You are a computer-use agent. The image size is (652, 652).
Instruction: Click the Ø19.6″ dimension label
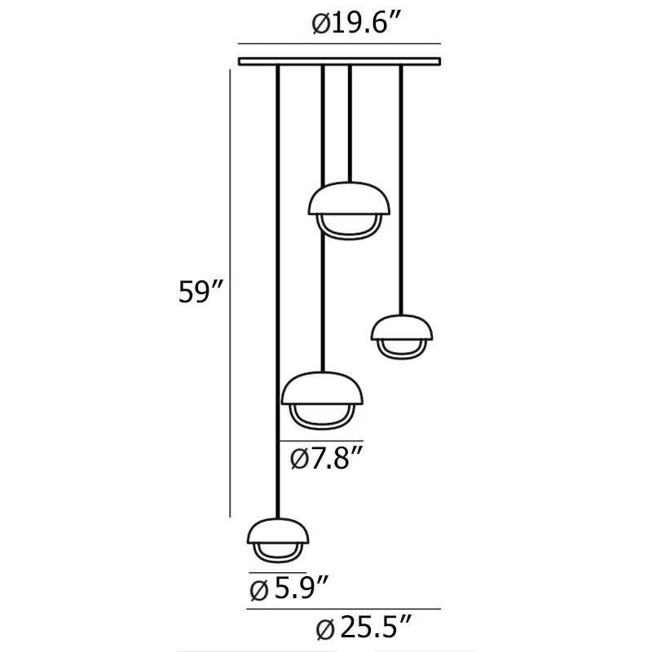click(356, 24)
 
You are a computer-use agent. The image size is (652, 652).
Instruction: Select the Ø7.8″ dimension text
click(327, 458)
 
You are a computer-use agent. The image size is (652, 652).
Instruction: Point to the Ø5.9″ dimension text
click(289, 588)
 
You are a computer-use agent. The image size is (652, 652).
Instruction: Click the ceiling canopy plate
click(339, 62)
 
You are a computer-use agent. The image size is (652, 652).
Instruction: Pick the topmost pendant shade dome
click(350, 199)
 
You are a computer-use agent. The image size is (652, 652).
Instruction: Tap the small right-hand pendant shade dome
click(402, 328)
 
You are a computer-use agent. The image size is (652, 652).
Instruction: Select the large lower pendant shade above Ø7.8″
click(322, 389)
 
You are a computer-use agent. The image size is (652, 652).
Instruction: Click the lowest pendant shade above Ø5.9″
click(278, 531)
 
